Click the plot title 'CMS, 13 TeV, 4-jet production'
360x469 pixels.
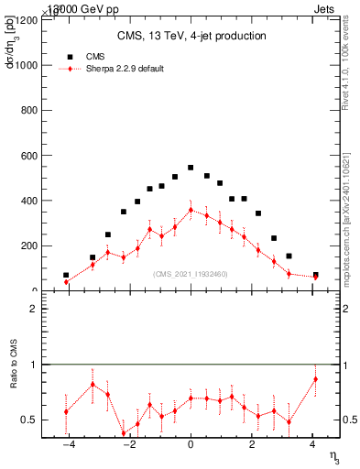[191, 37]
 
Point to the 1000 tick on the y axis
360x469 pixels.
[26, 65]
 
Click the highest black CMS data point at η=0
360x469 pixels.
[191, 168]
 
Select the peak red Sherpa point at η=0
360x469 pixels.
[191, 210]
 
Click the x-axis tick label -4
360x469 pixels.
[67, 445]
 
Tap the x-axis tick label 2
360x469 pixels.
[252, 445]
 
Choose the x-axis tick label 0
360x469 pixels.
[191, 445]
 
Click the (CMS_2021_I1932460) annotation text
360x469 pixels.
[191, 274]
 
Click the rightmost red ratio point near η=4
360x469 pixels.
[315, 379]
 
